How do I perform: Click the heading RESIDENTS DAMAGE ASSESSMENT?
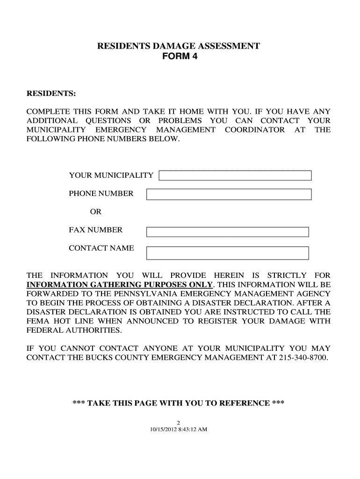click(x=179, y=46)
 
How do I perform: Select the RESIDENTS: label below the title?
click(x=51, y=94)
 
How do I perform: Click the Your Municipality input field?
click(x=235, y=175)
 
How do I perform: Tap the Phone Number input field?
click(x=229, y=194)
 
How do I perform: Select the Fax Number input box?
click(x=228, y=232)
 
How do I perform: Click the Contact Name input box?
click(x=228, y=253)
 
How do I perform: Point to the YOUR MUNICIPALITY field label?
click(x=111, y=175)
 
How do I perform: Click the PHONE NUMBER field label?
click(x=101, y=194)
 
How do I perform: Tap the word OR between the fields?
click(x=96, y=211)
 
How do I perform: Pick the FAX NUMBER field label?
click(x=95, y=230)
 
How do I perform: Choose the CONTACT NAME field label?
click(x=101, y=248)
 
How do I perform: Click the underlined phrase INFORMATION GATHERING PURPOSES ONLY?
click(x=120, y=285)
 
